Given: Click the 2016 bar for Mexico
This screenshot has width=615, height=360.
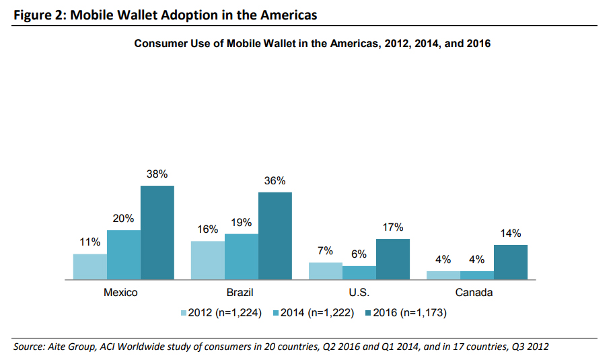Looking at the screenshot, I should pos(157,232).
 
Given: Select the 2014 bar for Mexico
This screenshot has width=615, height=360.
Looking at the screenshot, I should pos(123,254).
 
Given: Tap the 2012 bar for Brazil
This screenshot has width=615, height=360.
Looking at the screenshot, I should pos(208,260).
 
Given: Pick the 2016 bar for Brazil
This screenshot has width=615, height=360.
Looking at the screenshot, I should pos(275,236).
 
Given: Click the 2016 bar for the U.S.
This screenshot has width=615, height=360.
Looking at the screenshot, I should pos(393,259).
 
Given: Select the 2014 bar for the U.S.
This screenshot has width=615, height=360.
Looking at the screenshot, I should pos(359,273).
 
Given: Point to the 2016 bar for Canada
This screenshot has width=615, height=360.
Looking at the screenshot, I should pos(511,262).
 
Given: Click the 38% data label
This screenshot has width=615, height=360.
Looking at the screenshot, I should pos(157,174).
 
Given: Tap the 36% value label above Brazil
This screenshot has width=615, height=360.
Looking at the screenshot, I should pos(275,180).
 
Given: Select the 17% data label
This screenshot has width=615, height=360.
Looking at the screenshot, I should pos(393,227).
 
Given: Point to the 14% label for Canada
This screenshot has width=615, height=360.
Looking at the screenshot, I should pos(511,233).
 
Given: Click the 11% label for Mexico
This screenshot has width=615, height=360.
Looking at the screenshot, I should pos(89,242).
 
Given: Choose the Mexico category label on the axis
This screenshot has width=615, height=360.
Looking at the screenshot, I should pos(121,293).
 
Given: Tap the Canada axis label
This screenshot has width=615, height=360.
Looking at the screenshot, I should pos(474,293).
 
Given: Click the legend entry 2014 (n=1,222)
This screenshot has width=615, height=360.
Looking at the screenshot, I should pos(312,313).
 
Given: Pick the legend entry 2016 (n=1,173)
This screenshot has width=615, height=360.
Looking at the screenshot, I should pos(404,313).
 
